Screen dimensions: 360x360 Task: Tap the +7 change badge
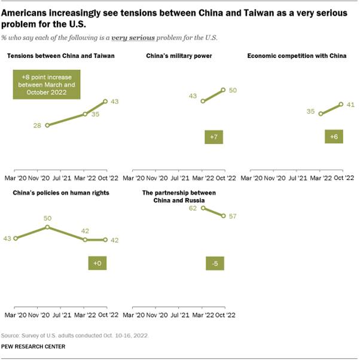click(213, 137)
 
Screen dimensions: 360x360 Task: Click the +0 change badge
click(97, 263)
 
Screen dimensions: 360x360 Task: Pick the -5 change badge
click(213, 263)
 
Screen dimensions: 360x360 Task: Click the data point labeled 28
click(47, 125)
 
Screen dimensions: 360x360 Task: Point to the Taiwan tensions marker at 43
click(105, 102)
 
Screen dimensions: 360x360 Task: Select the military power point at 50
click(223, 90)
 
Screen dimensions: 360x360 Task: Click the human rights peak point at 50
click(47, 227)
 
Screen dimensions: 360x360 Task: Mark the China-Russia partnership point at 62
click(203, 208)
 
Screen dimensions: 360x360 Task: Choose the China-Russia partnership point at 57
click(223, 216)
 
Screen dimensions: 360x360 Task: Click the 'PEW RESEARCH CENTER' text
click(35, 346)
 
